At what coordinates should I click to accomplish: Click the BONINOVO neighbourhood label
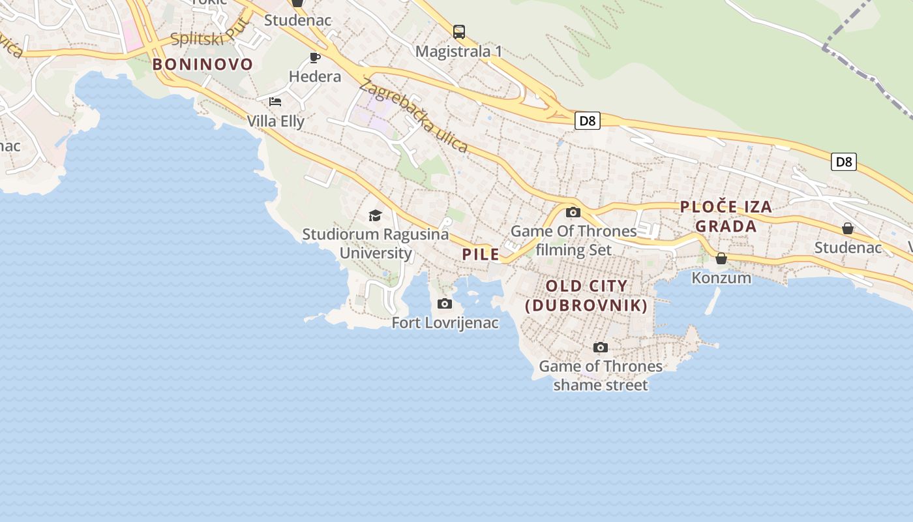(x=202, y=64)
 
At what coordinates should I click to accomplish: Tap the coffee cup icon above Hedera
(x=315, y=57)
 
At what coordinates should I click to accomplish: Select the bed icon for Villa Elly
(x=275, y=102)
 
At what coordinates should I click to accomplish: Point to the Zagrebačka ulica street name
(x=413, y=115)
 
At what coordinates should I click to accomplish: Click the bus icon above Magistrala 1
(x=459, y=31)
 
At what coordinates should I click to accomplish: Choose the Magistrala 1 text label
(x=459, y=51)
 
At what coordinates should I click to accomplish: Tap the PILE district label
(x=481, y=254)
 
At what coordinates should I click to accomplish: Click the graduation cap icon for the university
(x=375, y=215)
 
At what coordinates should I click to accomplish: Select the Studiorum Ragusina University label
(x=376, y=243)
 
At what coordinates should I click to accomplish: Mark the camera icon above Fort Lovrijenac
(x=445, y=303)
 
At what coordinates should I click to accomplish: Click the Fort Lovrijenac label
(x=445, y=322)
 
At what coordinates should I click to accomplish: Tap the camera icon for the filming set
(x=573, y=212)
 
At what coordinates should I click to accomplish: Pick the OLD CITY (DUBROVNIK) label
(x=586, y=296)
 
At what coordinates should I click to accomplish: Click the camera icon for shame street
(x=601, y=347)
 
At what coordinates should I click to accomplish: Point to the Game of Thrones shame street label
(x=601, y=376)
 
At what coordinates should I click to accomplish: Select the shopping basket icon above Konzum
(x=721, y=259)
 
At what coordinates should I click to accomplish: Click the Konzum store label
(x=721, y=278)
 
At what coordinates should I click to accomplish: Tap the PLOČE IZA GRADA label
(x=726, y=217)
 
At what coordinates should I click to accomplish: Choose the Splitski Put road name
(x=202, y=38)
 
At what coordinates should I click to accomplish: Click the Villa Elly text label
(x=275, y=121)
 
